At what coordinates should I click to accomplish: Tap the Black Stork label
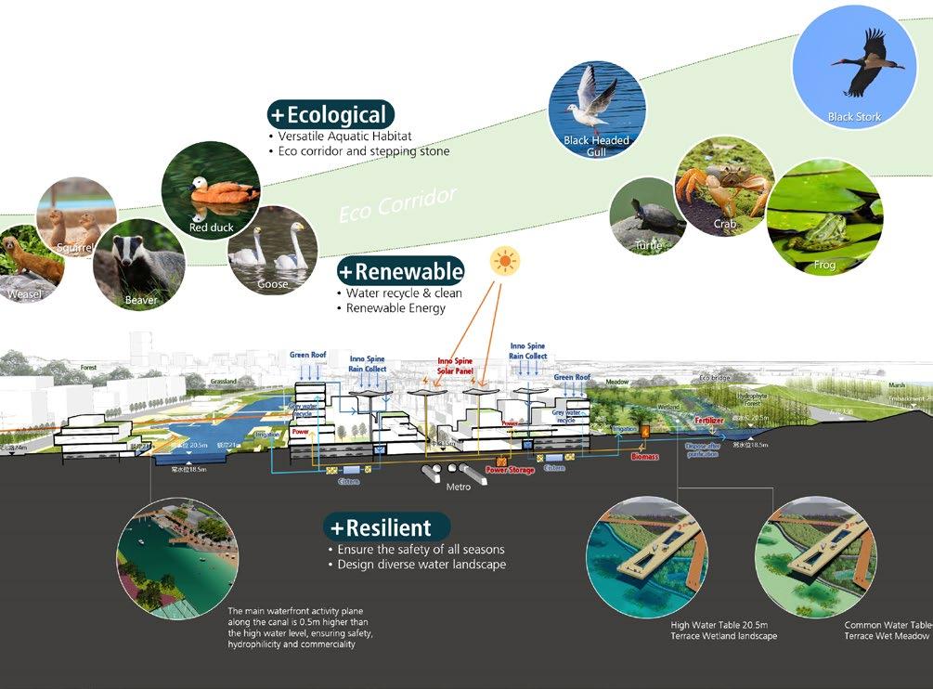pyautogui.click(x=854, y=117)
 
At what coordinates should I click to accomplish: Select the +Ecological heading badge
pyautogui.click(x=330, y=115)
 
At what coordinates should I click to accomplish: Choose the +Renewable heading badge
pyautogui.click(x=400, y=271)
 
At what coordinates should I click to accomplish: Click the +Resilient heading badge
pyautogui.click(x=379, y=528)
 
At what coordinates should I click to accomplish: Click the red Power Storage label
pyautogui.click(x=510, y=471)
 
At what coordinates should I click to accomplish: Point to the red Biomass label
pyautogui.click(x=644, y=457)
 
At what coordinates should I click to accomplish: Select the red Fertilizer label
pyautogui.click(x=715, y=420)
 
